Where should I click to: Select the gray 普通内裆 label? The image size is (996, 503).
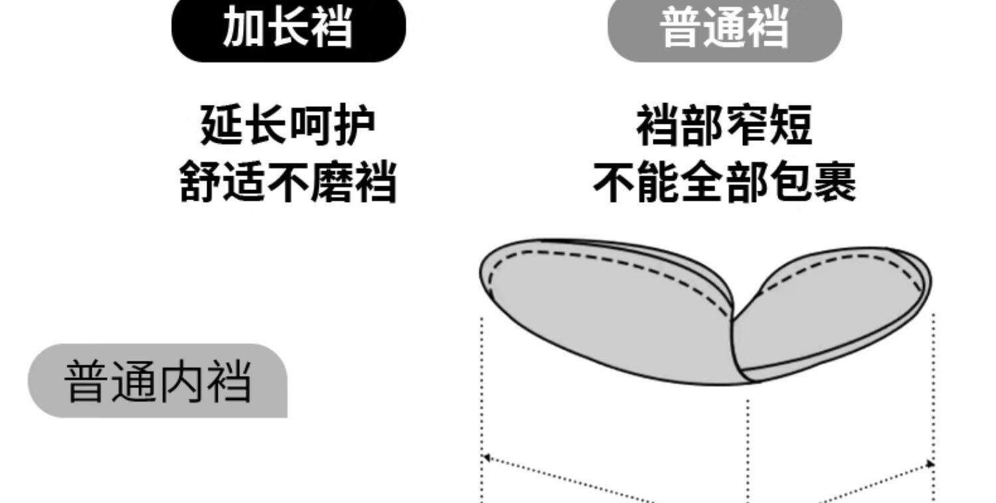tap(157, 381)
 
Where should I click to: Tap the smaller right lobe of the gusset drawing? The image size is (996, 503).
tap(830, 312)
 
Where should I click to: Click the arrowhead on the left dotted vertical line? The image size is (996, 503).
tap(485, 457)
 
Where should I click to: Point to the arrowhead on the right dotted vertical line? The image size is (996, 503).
tap(931, 464)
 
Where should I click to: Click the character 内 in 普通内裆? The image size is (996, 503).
tap(181, 381)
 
